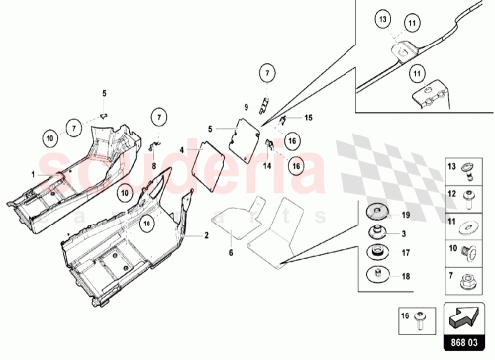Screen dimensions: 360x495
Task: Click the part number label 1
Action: click(33, 174)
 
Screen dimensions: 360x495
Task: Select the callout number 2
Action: click(207, 237)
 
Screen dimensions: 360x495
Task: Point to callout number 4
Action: click(182, 151)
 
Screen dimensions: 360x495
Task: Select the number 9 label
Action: click(246, 106)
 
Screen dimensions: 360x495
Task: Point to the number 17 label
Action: click(404, 252)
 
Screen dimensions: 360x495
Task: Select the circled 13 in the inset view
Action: click(382, 19)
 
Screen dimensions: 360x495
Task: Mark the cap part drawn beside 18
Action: click(377, 273)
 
